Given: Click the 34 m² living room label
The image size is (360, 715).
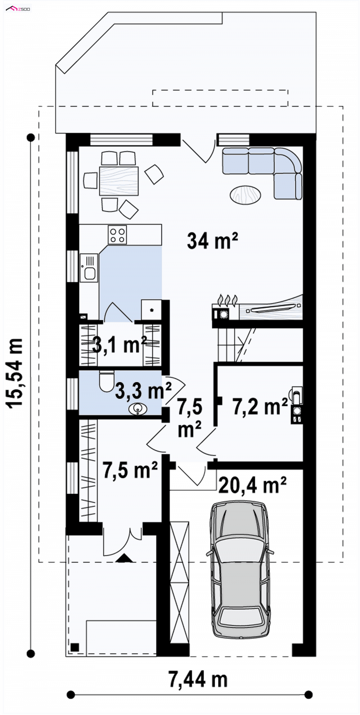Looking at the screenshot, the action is tap(212, 240).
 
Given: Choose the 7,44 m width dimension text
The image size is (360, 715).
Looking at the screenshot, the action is tap(198, 679).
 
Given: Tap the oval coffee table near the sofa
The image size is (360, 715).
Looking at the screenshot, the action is tap(245, 195).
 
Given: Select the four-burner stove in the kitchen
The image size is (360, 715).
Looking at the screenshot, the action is tap(117, 235).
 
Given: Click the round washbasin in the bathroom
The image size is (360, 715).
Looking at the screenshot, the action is tap(138, 408).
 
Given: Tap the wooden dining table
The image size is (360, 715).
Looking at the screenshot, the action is tap(119, 181).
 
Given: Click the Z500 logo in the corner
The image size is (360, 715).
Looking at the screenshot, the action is tap(18, 9).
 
